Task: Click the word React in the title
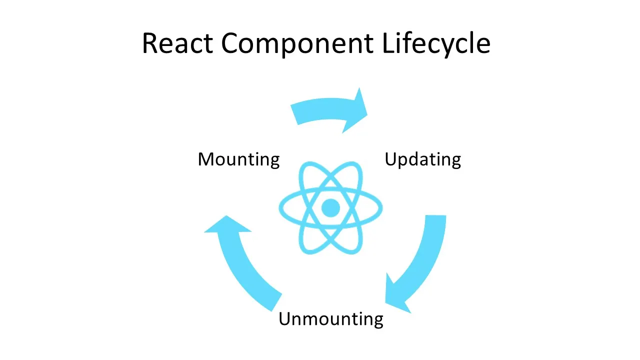click(177, 43)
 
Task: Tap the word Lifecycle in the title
click(436, 44)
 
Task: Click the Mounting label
click(238, 159)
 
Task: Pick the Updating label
click(422, 160)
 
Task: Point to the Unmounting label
click(330, 318)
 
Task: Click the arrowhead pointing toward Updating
click(355, 111)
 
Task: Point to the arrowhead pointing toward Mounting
click(226, 225)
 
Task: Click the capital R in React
click(151, 43)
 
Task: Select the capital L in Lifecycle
click(387, 43)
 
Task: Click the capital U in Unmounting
click(285, 318)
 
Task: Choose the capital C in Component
click(231, 43)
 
